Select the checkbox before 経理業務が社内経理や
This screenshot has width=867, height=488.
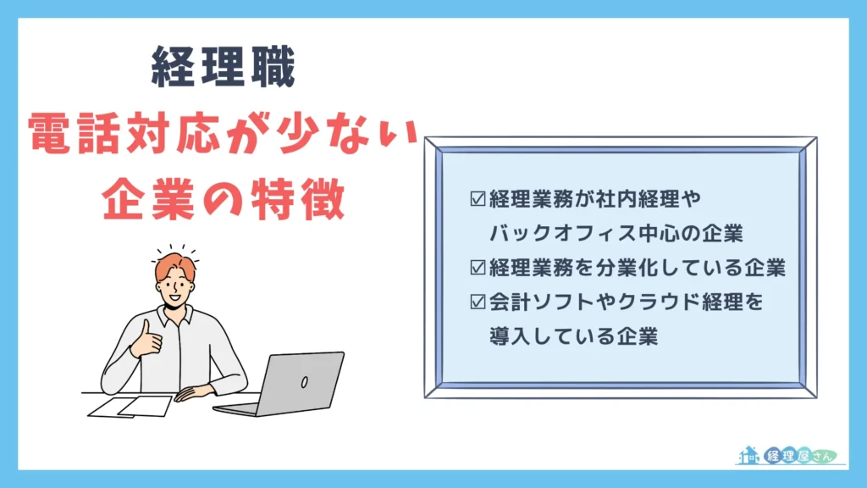[x=478, y=200]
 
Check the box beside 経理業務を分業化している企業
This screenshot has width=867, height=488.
[x=478, y=268]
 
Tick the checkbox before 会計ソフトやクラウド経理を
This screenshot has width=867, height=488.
[x=478, y=302]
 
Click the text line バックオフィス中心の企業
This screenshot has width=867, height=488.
[x=616, y=233]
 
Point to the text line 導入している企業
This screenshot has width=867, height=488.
[x=573, y=335]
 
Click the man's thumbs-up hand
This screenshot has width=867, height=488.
[x=151, y=338]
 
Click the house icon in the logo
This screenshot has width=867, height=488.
[x=748, y=455]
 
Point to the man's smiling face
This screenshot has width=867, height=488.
[x=180, y=288]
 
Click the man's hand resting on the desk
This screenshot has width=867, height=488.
[x=190, y=391]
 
